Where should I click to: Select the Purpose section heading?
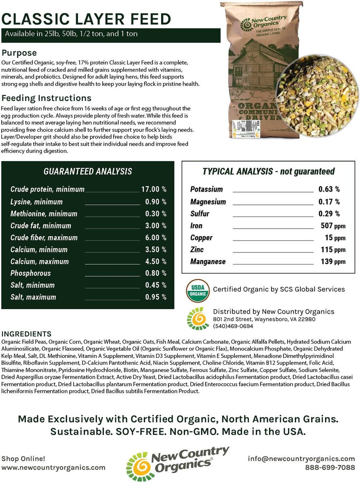point(19,53)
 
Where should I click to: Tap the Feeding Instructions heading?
point(47,98)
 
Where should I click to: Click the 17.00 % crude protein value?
point(153,189)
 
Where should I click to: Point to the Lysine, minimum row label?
point(37,202)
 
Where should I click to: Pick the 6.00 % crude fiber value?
point(156,237)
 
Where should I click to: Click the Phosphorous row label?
point(31,273)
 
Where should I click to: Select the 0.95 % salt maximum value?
point(156,297)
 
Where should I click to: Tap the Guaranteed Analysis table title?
point(88,171)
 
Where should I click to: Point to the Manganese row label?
point(208,262)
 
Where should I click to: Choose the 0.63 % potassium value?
point(329,189)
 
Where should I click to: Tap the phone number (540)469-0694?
point(233,326)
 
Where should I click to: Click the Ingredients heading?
point(27,334)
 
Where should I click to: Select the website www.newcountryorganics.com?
point(54,468)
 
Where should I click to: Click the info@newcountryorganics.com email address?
point(301,459)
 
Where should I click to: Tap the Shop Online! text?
point(23,459)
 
